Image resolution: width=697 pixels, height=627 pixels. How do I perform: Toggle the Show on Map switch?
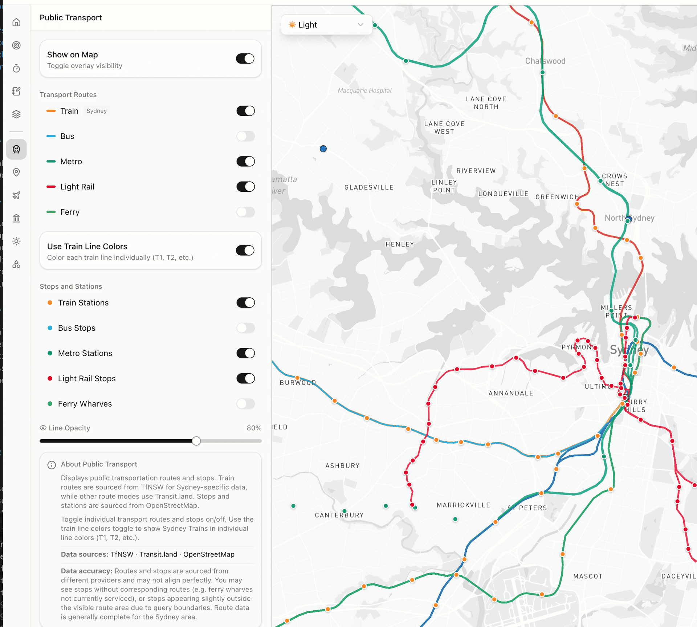point(245,58)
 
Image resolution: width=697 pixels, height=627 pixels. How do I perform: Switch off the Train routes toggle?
point(245,111)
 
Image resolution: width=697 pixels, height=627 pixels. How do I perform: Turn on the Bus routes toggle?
point(245,136)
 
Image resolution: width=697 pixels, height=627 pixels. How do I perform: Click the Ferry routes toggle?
point(245,212)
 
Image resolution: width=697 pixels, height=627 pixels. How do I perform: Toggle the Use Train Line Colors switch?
point(245,250)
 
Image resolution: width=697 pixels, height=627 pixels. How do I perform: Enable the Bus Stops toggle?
point(245,328)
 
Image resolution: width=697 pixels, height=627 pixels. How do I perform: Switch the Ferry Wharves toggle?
point(245,404)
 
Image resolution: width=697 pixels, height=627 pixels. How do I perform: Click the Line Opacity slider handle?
point(196,441)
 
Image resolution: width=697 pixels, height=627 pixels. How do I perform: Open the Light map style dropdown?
point(326,25)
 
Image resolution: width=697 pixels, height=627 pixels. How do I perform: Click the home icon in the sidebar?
point(16,23)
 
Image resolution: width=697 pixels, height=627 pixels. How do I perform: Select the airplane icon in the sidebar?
point(16,195)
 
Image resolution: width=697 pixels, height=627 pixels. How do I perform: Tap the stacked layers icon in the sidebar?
point(16,114)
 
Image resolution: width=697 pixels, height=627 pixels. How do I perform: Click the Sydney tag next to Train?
point(97,111)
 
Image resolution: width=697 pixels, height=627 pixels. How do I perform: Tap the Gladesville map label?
point(369,187)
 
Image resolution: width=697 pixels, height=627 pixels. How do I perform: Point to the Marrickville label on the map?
point(463,505)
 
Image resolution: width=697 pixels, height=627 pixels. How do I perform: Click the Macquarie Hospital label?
point(364,90)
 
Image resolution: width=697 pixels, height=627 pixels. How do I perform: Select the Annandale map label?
point(511,393)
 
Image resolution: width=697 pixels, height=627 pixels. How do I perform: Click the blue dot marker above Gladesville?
point(323,149)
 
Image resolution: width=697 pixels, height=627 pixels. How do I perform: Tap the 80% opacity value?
point(254,428)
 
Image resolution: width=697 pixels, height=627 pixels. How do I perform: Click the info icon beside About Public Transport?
point(52,465)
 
